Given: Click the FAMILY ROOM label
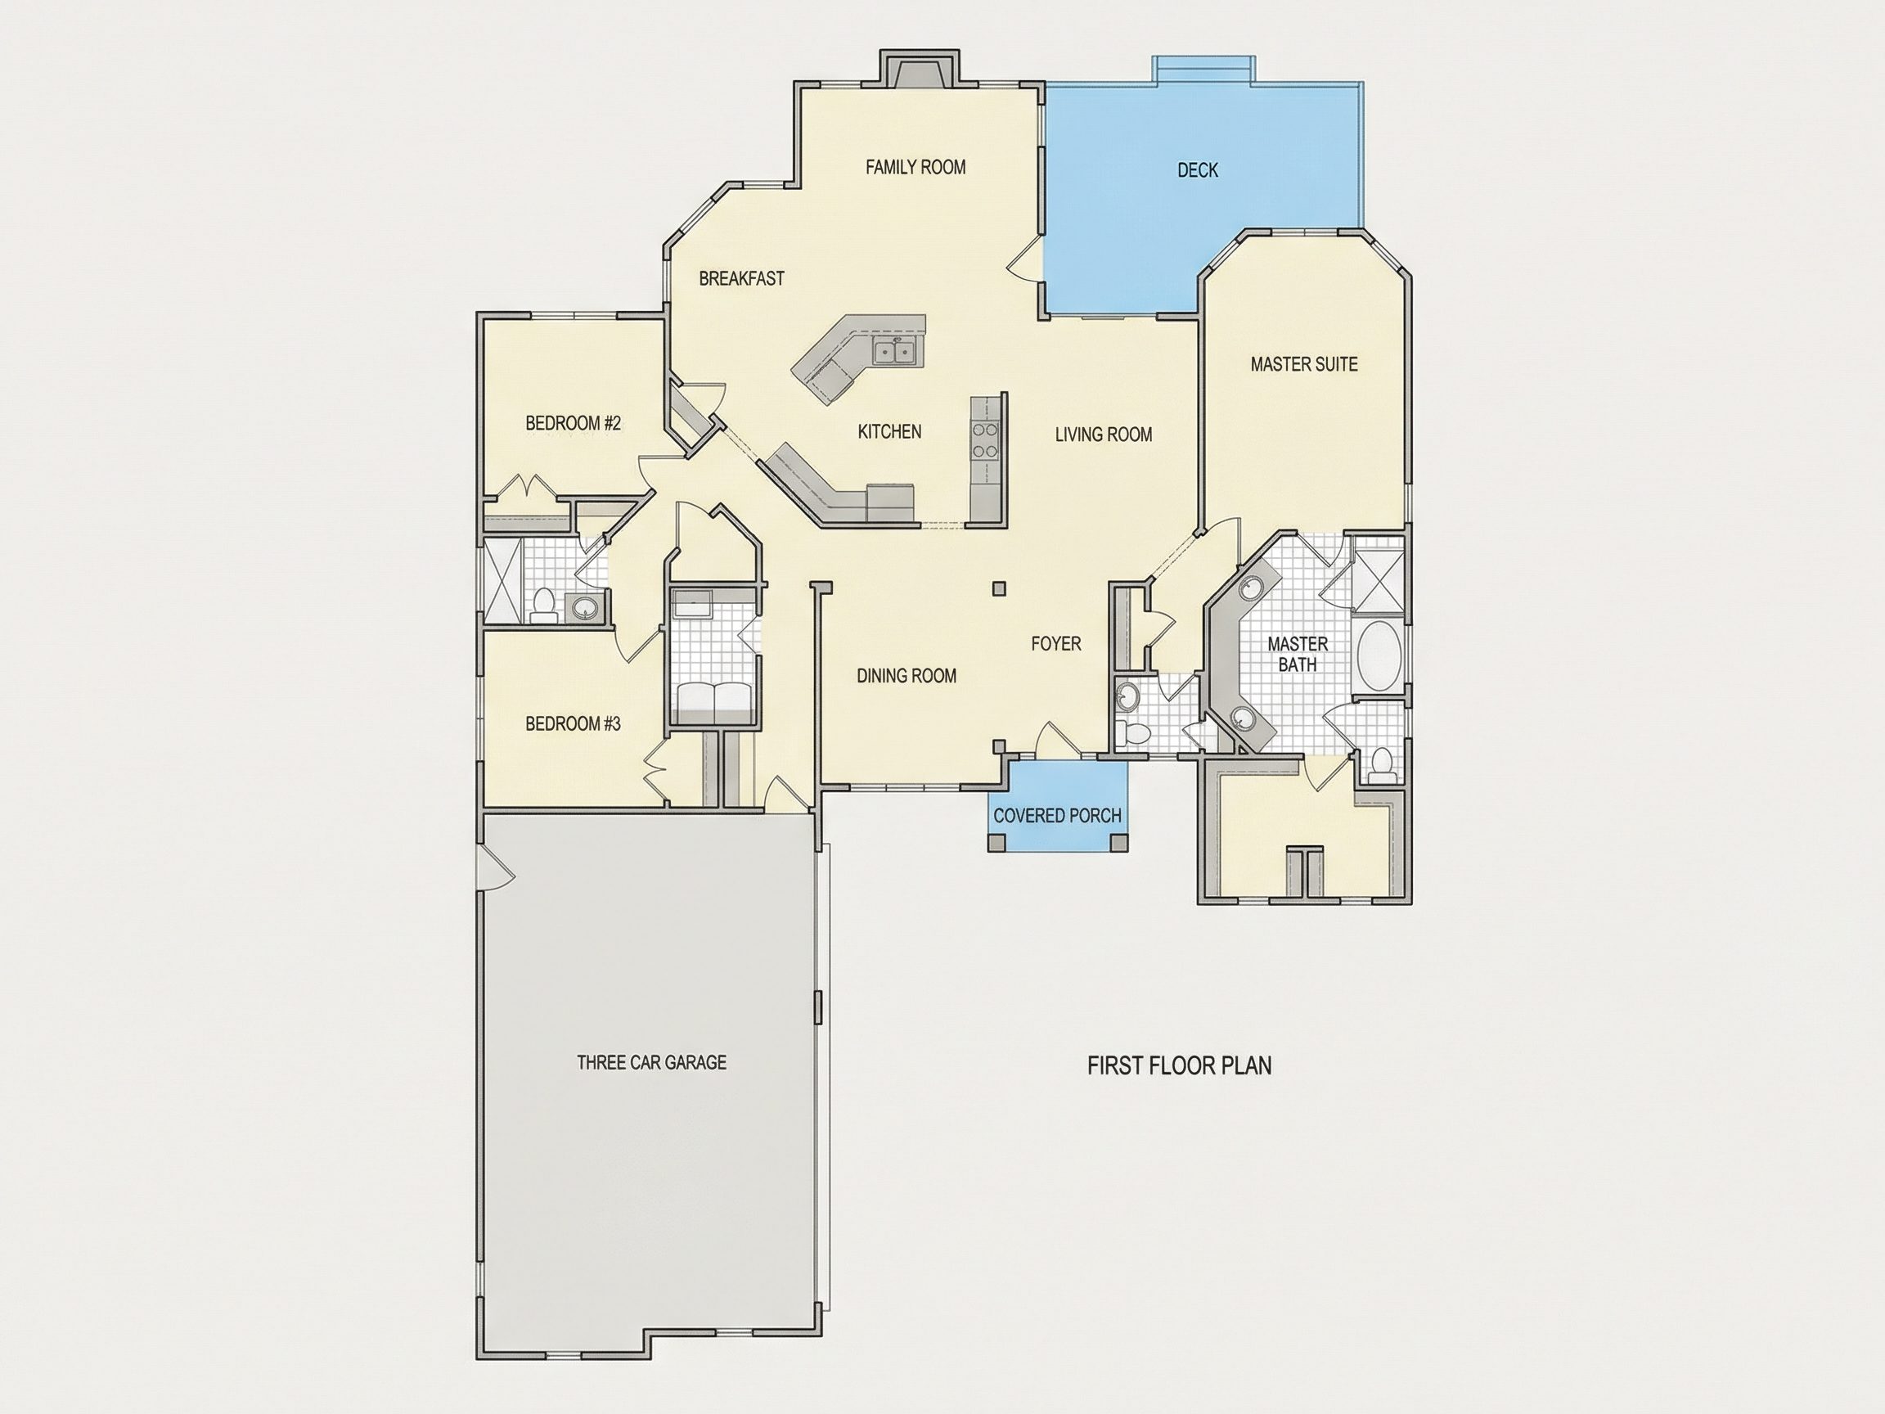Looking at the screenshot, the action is point(916,167).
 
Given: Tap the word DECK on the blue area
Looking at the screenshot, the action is point(1197,170).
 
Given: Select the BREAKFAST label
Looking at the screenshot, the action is point(741,279).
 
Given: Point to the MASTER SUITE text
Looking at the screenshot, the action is point(1304,365).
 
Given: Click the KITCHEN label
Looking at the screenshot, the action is point(889,432).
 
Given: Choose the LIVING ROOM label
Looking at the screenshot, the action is point(1104,435).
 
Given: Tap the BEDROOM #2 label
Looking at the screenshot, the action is point(573,424).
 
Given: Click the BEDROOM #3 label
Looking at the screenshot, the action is point(573,724).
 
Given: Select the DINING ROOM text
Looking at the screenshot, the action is point(907,676).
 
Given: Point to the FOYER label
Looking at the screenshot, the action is point(1056,644).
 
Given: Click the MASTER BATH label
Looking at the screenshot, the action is point(1298,654).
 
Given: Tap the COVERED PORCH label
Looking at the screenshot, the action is point(1058,816).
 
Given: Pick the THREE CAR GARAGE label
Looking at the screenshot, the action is point(652,1063).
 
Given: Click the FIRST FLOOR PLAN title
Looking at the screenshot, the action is point(1180,1066).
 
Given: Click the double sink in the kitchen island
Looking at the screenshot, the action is point(893,351).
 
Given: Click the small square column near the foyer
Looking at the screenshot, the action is point(1000,588).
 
